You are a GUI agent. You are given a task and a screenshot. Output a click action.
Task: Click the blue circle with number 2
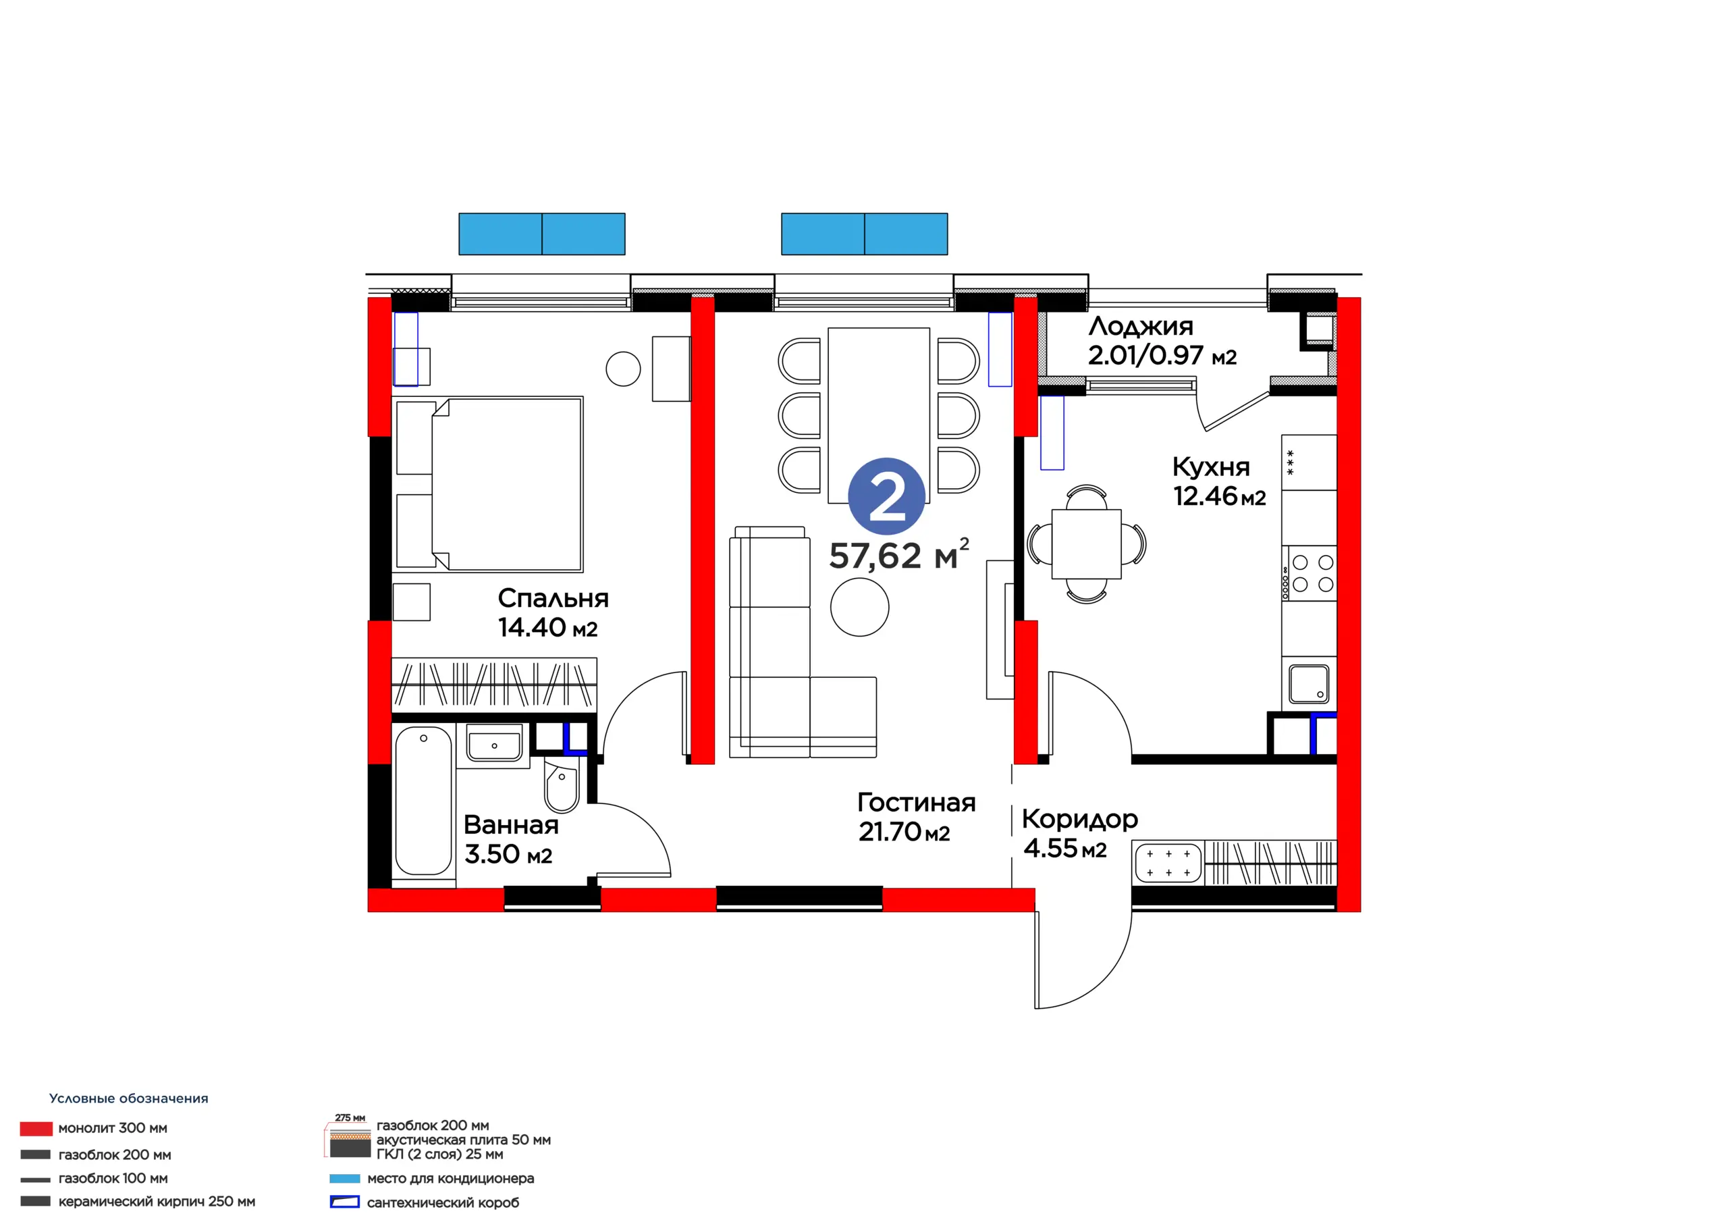coord(886,497)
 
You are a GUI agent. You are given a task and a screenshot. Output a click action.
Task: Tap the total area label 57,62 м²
coord(898,554)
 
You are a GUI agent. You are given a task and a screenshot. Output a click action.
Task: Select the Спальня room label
coord(553,599)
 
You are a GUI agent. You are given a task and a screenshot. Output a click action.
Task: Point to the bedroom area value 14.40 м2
coord(548,627)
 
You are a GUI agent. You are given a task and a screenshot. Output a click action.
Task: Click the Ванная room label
coord(511,825)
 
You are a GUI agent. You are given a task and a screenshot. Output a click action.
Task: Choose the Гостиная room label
coord(917,803)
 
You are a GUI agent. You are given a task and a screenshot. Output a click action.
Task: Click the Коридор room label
coord(1080,820)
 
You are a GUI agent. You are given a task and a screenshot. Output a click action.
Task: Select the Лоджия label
coord(1141,327)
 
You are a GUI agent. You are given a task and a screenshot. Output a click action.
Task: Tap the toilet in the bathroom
coord(562,785)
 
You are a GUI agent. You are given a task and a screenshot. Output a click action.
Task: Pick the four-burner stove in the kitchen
coord(1309,573)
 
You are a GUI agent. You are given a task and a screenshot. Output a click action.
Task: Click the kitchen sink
coord(1309,684)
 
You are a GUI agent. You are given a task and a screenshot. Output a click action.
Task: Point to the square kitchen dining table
coord(1086,543)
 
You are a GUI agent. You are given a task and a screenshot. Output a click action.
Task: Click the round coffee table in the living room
coord(859,607)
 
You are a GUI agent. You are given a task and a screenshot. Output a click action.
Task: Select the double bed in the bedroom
coord(489,484)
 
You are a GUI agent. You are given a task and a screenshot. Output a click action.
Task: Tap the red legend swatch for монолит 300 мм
coord(36,1129)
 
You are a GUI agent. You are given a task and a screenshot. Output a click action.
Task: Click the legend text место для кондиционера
coord(450,1178)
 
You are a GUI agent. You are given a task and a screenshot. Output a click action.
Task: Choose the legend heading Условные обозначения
coord(129,1098)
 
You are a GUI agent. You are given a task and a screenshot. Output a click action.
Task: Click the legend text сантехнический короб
coord(443,1202)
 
